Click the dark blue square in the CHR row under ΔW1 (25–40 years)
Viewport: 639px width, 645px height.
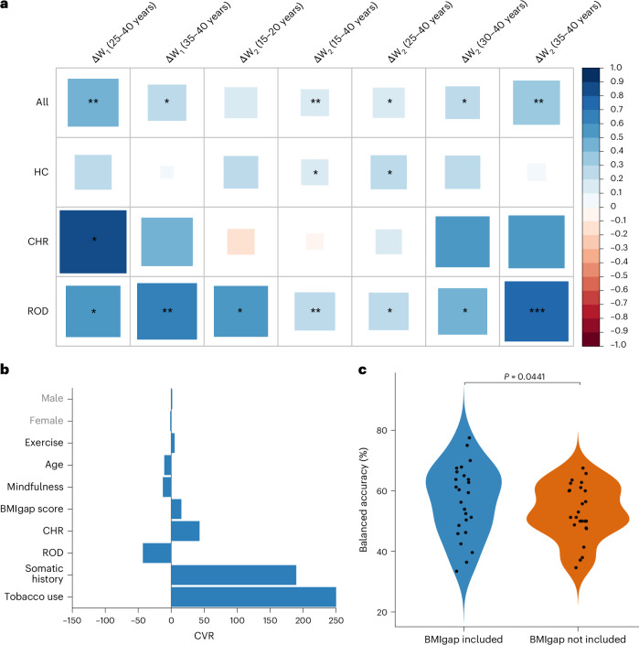(x=93, y=242)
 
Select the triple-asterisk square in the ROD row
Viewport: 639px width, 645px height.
(x=537, y=311)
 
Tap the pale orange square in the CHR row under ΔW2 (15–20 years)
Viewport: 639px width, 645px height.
(x=240, y=242)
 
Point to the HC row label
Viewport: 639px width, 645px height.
(x=41, y=172)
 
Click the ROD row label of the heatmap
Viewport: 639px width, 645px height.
(x=37, y=311)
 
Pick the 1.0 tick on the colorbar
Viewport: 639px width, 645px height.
(x=616, y=68)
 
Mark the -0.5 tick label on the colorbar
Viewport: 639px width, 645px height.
(x=619, y=275)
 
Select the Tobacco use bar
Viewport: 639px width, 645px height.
(x=253, y=597)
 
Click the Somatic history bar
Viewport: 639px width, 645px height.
(x=233, y=575)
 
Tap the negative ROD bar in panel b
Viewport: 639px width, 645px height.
(x=156, y=553)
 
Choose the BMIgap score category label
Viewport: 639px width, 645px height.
(x=32, y=509)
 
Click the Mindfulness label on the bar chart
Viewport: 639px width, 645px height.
(x=36, y=487)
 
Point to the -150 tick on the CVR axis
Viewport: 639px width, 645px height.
(x=72, y=620)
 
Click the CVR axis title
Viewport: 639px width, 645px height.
(x=204, y=636)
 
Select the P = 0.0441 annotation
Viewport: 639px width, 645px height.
(x=525, y=376)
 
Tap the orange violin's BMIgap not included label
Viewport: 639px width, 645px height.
(x=578, y=640)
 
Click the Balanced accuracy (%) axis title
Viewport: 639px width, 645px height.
(x=363, y=500)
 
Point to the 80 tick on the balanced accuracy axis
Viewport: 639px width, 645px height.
(x=382, y=430)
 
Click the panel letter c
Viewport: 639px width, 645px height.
(x=362, y=370)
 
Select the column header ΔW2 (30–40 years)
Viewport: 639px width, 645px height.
(x=495, y=32)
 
